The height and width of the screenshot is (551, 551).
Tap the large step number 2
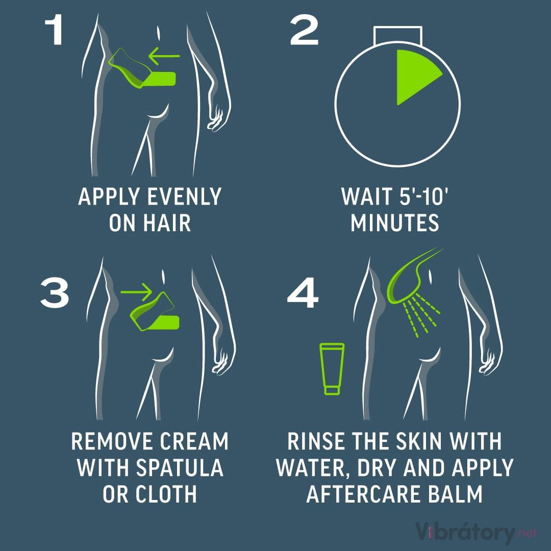click(x=304, y=31)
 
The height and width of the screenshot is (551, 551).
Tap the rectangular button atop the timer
click(x=398, y=35)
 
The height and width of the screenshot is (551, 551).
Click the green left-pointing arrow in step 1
click(x=164, y=56)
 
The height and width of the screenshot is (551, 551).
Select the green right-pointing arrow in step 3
click(x=136, y=292)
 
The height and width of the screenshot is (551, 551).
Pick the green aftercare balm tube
click(x=332, y=369)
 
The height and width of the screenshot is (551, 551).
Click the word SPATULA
click(x=179, y=467)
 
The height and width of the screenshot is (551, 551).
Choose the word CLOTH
click(x=166, y=494)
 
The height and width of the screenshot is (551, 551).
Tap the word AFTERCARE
click(x=364, y=494)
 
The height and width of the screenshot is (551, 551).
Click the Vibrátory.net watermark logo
click(x=476, y=532)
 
